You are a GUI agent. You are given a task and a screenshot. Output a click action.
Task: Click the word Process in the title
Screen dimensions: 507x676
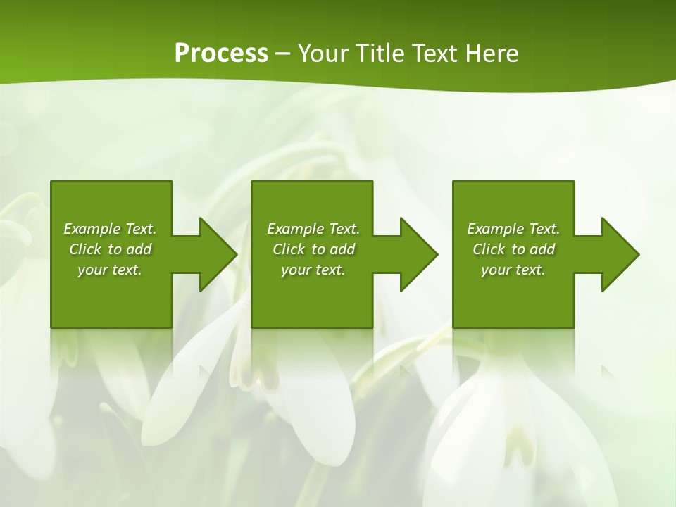pos(221,54)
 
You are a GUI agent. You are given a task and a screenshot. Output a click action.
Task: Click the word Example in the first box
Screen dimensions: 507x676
pos(92,229)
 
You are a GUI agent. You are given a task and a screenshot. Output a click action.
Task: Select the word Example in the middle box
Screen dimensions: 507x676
pos(295,229)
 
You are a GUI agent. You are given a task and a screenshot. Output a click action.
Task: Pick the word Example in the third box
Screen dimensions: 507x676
pos(495,229)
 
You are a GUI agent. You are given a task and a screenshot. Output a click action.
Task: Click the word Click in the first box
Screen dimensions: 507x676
pos(85,249)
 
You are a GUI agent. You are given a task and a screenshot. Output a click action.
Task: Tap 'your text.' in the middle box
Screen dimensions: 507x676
pos(313,270)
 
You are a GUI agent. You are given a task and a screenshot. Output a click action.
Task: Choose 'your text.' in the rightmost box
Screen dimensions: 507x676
pos(513,270)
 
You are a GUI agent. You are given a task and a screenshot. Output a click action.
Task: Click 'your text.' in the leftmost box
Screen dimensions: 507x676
pos(110,270)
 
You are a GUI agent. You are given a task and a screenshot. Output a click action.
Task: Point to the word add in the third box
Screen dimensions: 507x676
pos(542,249)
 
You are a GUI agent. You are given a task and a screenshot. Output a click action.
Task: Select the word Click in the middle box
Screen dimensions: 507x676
pos(289,249)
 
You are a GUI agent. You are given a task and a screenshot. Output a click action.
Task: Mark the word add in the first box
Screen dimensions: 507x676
pos(139,249)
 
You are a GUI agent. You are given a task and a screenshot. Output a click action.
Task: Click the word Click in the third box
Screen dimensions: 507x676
pos(489,249)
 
